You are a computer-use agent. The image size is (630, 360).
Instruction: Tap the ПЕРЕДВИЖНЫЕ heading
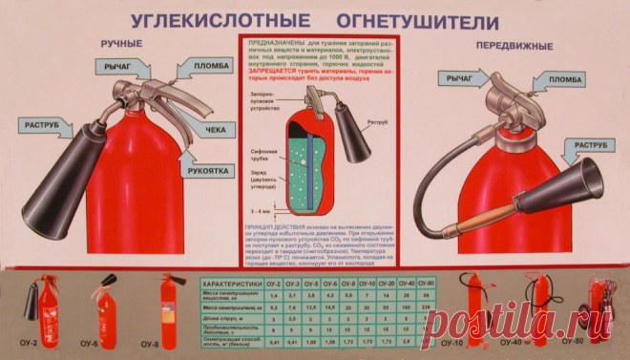pyautogui.click(x=510, y=44)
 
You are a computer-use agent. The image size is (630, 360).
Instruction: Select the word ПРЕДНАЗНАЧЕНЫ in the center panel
pyautogui.click(x=275, y=44)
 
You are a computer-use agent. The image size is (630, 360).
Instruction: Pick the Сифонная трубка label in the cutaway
pyautogui.click(x=262, y=156)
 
